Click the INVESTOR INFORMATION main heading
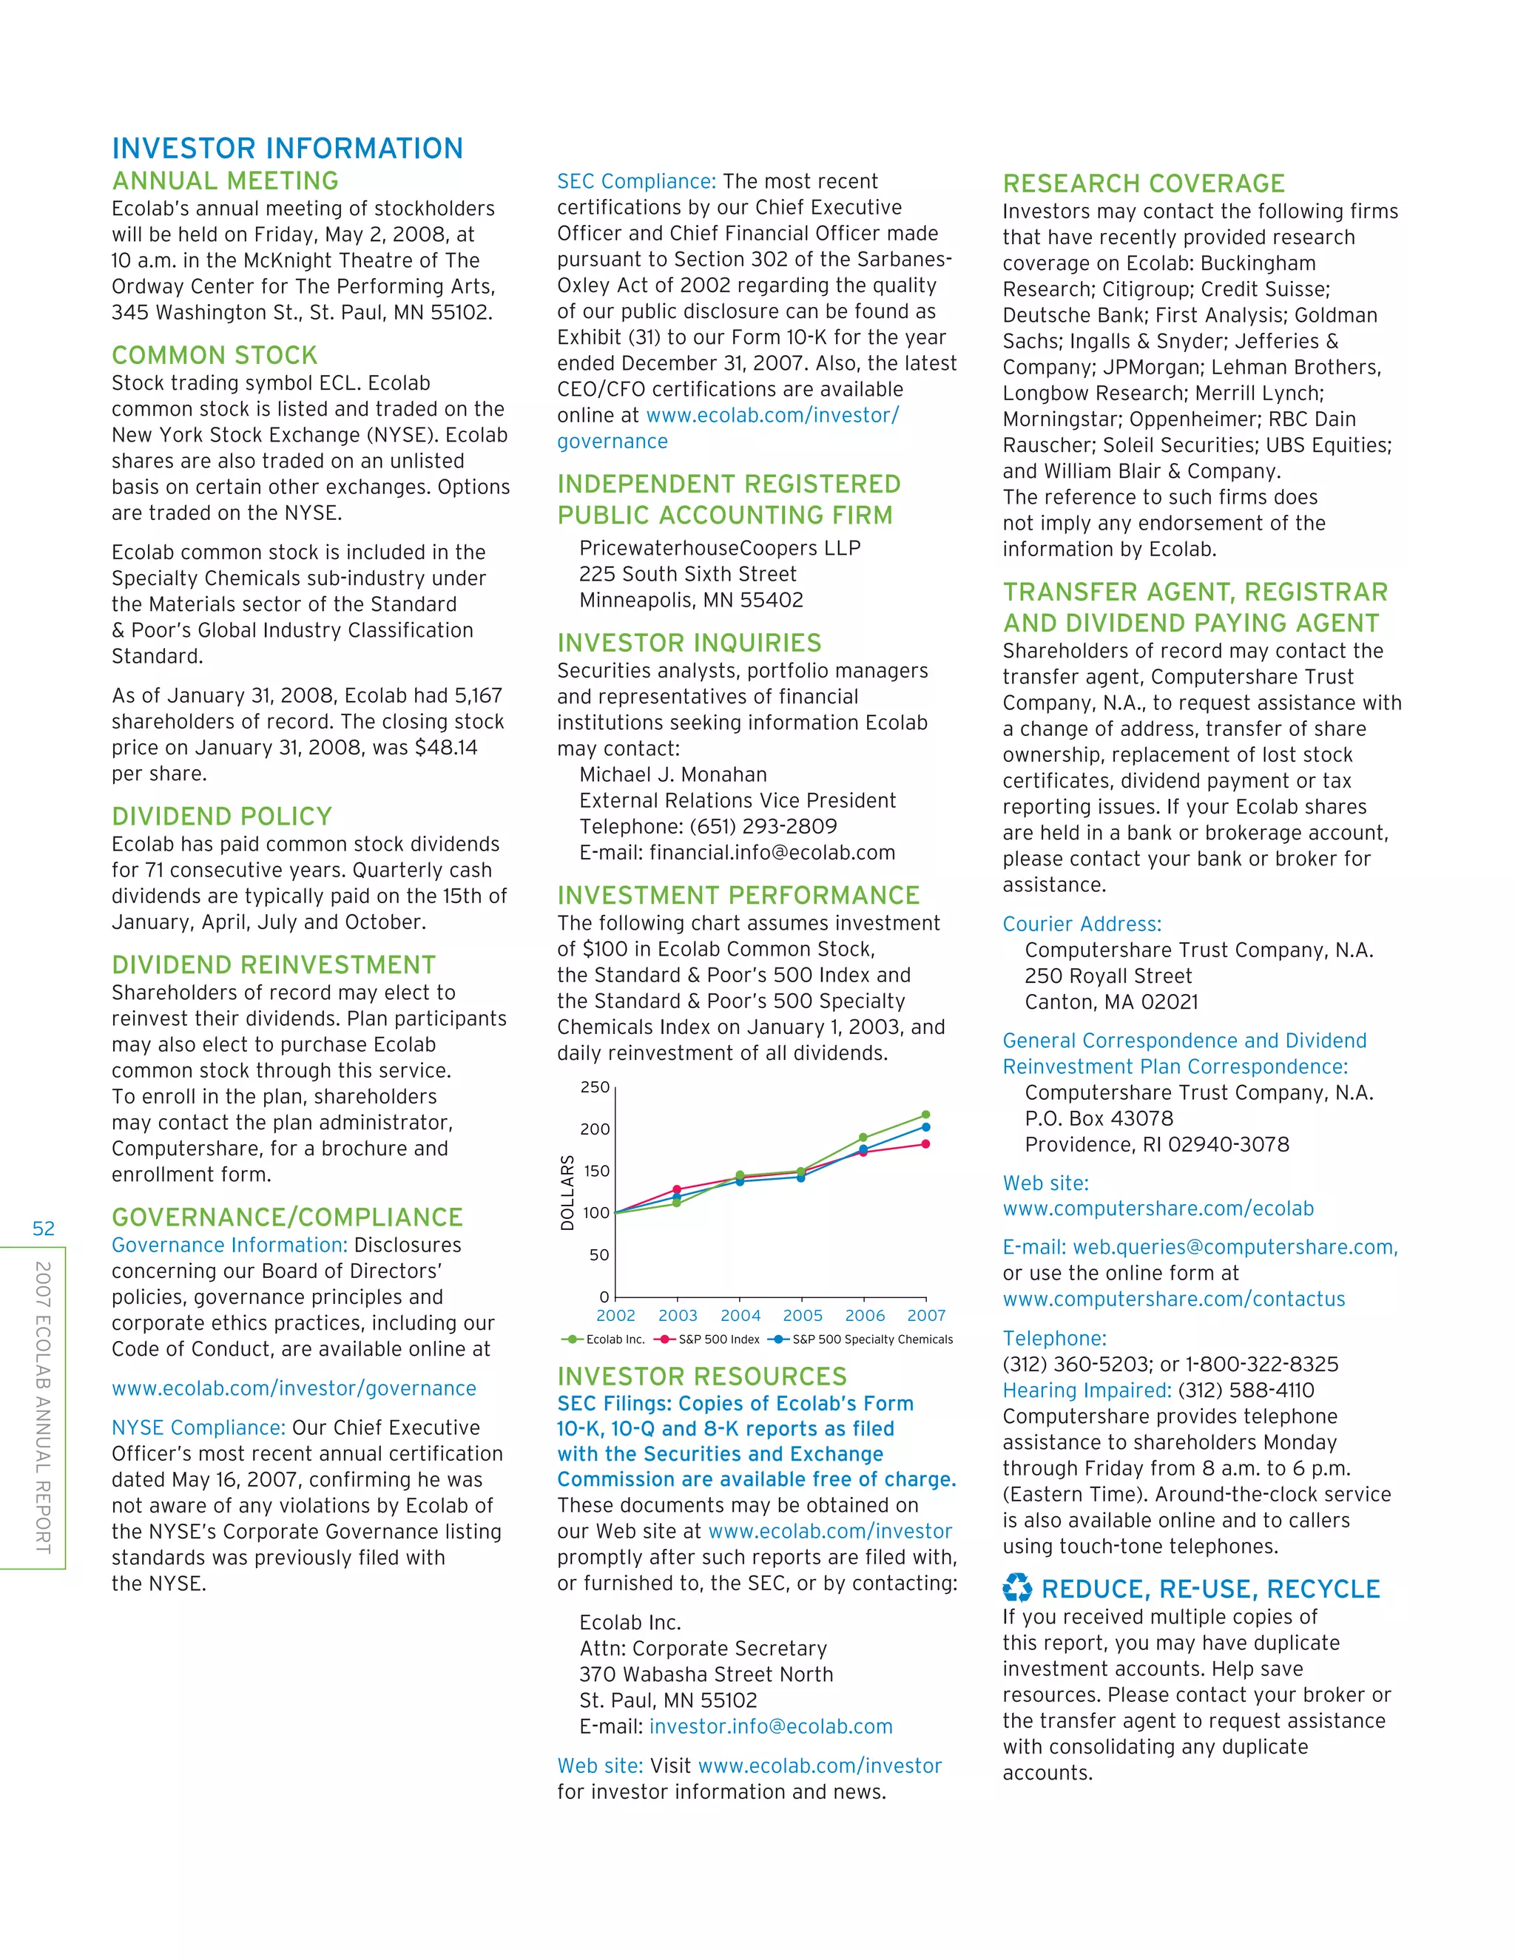click(x=287, y=148)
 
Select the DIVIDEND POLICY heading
click(x=222, y=816)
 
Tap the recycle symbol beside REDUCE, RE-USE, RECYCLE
click(x=1017, y=1589)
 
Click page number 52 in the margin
click(x=43, y=1229)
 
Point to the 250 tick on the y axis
click(x=595, y=1087)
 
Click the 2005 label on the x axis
click(x=803, y=1315)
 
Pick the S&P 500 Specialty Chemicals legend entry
click(x=862, y=1339)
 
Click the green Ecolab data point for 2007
click(x=925, y=1115)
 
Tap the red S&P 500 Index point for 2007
click(x=925, y=1143)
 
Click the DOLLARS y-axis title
click(x=567, y=1193)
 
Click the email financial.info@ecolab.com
click(x=772, y=853)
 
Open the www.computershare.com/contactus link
click(x=1173, y=1299)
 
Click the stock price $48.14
click(x=446, y=748)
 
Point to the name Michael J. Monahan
click(x=672, y=774)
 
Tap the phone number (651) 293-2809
click(x=763, y=827)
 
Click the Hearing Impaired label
click(x=1086, y=1390)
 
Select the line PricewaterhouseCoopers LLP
click(x=719, y=547)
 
